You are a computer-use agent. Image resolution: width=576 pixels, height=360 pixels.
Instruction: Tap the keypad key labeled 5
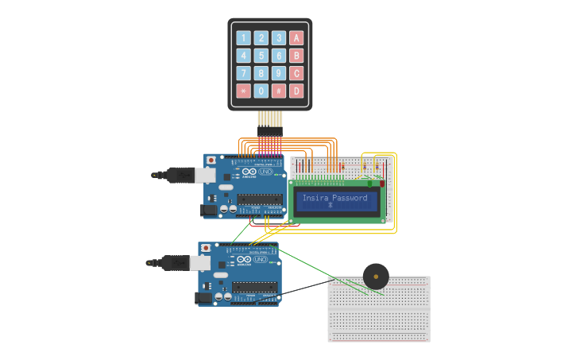[261, 56]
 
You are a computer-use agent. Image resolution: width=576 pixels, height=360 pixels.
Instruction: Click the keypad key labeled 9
[279, 73]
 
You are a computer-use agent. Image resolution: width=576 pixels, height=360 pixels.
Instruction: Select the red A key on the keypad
[296, 37]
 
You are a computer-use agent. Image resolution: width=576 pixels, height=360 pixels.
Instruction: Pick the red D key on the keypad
[296, 91]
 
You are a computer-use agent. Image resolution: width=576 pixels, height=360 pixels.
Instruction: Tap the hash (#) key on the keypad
[279, 91]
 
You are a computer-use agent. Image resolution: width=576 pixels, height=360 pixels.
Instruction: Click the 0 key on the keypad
[261, 91]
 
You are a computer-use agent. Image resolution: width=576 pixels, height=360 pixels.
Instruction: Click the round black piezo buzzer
[376, 277]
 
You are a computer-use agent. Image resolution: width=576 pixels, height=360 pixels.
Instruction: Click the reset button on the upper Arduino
[211, 160]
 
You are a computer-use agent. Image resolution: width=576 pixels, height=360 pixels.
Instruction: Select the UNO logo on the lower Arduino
[259, 260]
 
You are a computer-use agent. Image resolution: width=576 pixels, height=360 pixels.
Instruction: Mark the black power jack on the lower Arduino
[203, 298]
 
